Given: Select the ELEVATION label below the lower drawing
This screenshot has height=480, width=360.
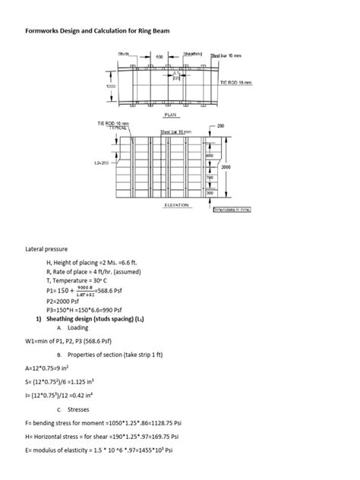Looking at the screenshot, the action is pyautogui.click(x=176, y=204).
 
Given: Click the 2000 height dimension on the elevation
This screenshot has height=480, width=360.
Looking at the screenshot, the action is pyautogui.click(x=226, y=166).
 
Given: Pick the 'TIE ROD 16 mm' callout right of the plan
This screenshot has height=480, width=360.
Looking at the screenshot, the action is pyautogui.click(x=238, y=81).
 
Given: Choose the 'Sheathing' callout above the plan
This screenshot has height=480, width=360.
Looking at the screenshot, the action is pyautogui.click(x=192, y=54).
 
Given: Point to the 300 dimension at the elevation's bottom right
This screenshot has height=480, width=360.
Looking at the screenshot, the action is pyautogui.click(x=210, y=193).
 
